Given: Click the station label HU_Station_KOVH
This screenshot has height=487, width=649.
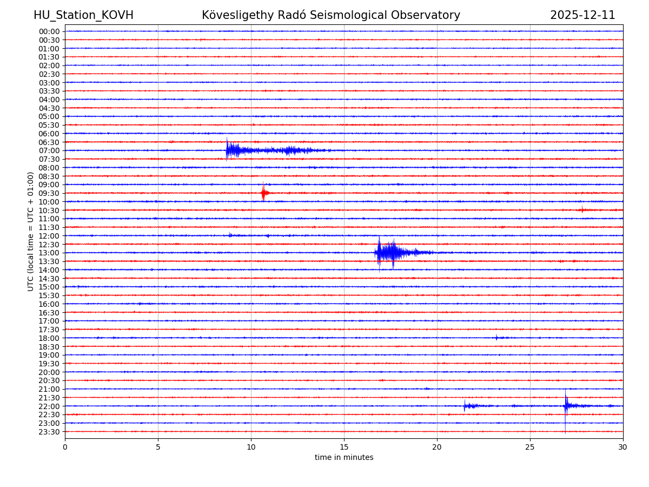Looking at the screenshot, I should [x=83, y=15].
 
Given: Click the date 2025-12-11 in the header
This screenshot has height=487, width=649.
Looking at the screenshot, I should [x=582, y=15].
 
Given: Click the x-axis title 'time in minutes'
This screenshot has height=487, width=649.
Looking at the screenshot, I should [x=344, y=458].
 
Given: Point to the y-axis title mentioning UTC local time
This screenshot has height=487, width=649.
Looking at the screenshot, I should [x=31, y=231].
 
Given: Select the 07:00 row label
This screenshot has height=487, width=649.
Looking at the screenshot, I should [x=49, y=150].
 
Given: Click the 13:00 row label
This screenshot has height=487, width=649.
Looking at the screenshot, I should [x=49, y=253].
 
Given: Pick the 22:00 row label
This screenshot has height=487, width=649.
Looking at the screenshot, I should [x=49, y=406].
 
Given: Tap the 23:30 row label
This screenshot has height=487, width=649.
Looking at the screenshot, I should [x=49, y=432].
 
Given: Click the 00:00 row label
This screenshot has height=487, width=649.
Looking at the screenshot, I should [x=49, y=31].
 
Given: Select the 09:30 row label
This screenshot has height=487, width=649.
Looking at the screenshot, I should [x=49, y=193].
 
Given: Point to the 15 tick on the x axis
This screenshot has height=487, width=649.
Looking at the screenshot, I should [x=344, y=447].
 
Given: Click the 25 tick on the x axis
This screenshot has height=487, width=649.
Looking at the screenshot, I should [x=530, y=447].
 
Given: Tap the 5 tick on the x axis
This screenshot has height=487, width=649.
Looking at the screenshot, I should [x=158, y=447].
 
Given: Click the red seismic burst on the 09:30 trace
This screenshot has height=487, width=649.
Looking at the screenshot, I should [x=263, y=193].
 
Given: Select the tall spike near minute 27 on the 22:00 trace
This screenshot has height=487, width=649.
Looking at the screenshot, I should [x=566, y=405].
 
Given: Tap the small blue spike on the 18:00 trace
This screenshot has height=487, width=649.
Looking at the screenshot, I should [x=496, y=338].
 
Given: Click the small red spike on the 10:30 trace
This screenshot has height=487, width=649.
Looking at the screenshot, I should [x=582, y=209].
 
